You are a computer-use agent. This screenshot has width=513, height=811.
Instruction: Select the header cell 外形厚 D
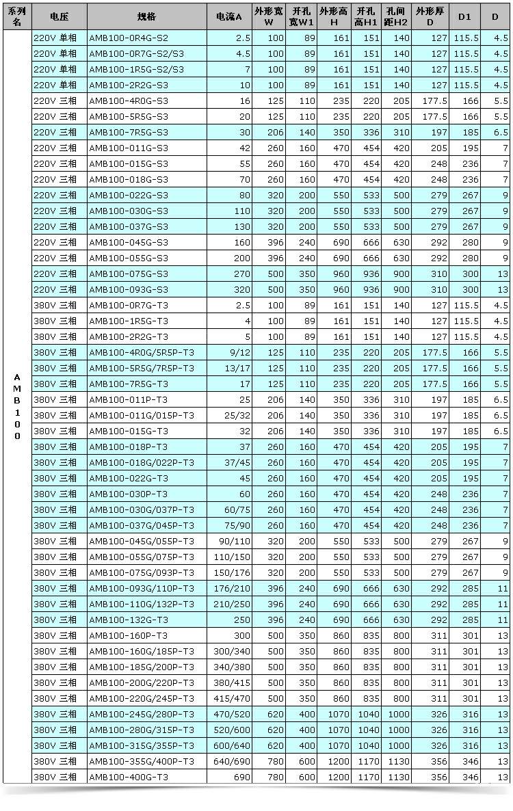[430, 14]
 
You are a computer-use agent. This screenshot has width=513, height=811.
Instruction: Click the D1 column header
[464, 14]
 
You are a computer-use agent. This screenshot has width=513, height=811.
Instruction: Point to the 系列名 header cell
[17, 14]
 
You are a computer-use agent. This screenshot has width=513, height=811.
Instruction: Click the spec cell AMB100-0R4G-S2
[128, 38]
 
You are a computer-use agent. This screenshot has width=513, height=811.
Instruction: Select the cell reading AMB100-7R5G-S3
[128, 133]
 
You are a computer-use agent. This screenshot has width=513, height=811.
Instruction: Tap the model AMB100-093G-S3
[128, 290]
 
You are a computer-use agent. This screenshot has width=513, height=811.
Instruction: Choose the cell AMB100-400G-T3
[128, 777]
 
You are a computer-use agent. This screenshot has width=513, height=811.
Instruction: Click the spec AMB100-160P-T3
[128, 635]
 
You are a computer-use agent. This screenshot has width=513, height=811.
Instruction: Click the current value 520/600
[233, 730]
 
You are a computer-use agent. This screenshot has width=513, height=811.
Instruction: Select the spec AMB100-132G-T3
[128, 620]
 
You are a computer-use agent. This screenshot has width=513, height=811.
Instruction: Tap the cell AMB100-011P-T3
[128, 400]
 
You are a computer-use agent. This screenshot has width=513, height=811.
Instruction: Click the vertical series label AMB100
[17, 407]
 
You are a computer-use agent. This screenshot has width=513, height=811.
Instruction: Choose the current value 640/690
[233, 762]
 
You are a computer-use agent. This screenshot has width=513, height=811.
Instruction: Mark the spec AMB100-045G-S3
[128, 243]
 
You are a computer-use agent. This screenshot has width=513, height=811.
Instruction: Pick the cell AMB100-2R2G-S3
[128, 85]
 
